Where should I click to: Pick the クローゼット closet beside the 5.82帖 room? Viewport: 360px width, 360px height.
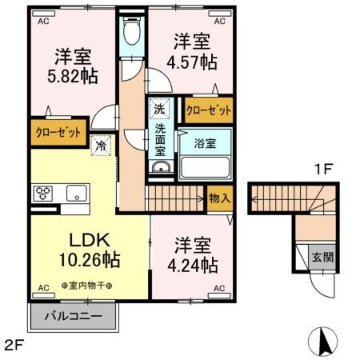pyautogui.click(x=58, y=133)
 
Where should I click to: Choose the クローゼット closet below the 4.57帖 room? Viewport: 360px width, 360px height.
pyautogui.click(x=209, y=110)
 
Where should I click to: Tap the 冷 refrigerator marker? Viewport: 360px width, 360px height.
pyautogui.click(x=101, y=146)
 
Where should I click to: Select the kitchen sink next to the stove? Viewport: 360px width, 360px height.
pyautogui.click(x=77, y=193)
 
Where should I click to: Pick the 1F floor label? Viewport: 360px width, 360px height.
pyautogui.click(x=322, y=170)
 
